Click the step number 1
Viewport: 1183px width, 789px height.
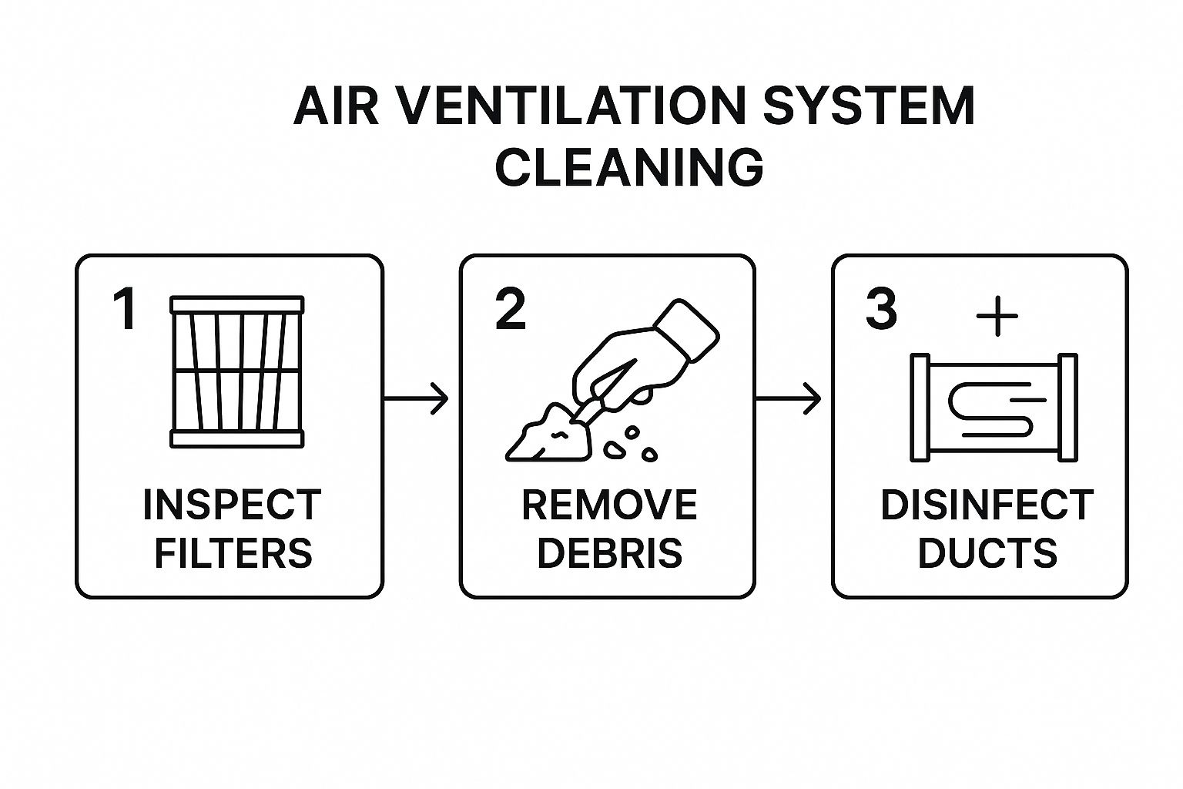click(125, 310)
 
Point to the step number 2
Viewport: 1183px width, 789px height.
click(511, 310)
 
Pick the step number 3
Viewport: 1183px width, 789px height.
click(881, 310)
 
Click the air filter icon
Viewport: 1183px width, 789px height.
click(236, 371)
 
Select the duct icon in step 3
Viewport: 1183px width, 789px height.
click(994, 408)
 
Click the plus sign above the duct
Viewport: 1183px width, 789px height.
click(997, 316)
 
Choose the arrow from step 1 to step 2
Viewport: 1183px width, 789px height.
click(416, 398)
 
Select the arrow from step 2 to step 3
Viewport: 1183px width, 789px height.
click(789, 398)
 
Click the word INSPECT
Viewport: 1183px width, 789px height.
click(232, 505)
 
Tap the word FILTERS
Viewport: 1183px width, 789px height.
click(233, 553)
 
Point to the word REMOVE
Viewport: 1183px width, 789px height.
click(609, 505)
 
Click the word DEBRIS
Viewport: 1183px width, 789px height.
click(609, 553)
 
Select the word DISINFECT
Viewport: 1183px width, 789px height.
click(987, 505)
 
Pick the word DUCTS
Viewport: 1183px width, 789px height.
click(987, 553)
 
